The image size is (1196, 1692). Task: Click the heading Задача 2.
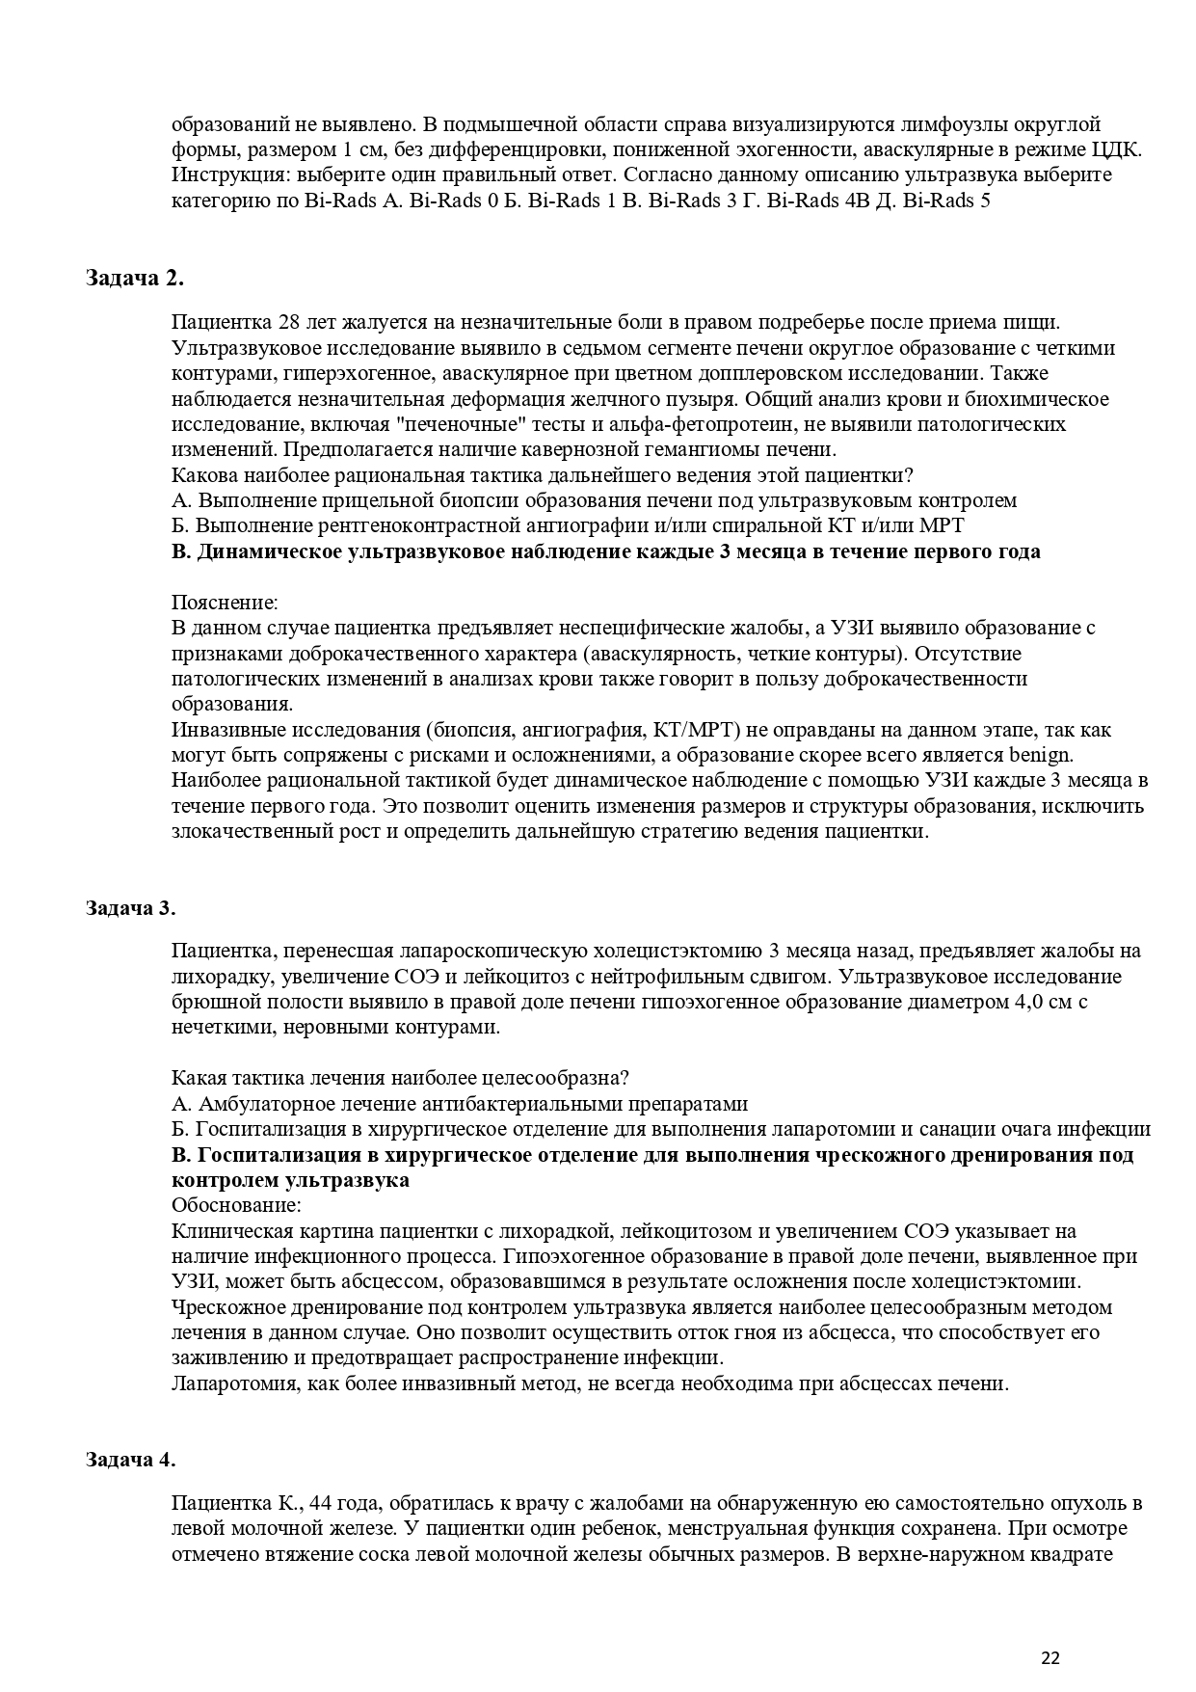pos(134,279)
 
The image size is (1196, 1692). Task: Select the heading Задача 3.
pos(130,908)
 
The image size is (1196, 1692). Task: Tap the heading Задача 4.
pos(130,1460)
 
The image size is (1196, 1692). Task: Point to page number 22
pos(1050,1658)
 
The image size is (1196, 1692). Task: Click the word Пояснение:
pos(225,603)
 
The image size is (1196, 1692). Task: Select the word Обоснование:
pos(236,1206)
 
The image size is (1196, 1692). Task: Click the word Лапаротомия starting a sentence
pos(230,1384)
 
